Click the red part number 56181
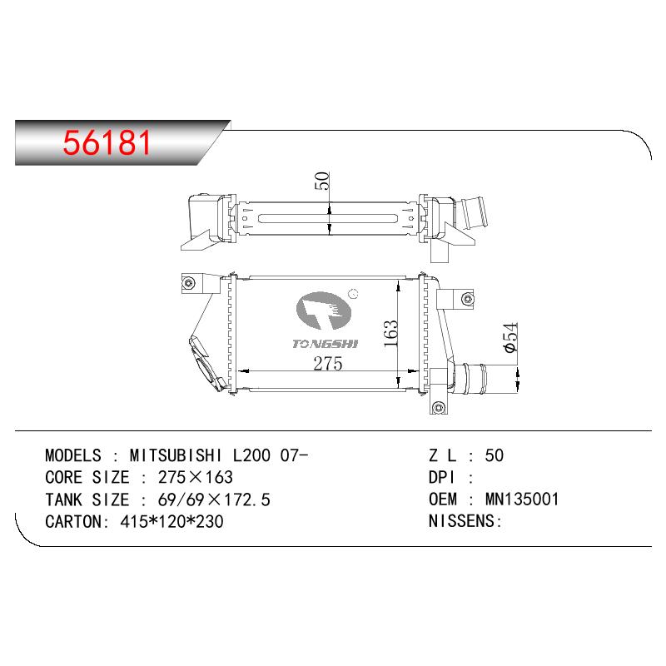[107, 142]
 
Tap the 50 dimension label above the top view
[321, 181]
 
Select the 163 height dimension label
[390, 334]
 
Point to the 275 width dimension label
[327, 364]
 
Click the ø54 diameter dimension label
[510, 337]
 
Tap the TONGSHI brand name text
[325, 344]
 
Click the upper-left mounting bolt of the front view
[189, 283]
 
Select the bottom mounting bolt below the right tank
[439, 408]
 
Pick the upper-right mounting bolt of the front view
[467, 299]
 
